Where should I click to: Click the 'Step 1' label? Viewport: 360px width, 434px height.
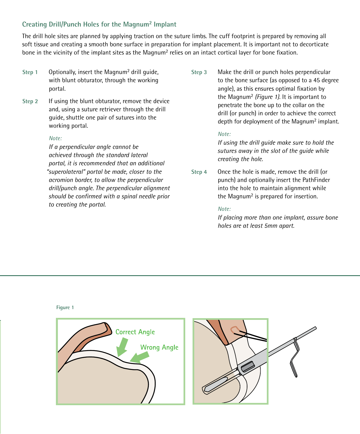(30, 72)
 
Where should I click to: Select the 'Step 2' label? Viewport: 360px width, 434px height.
(30, 101)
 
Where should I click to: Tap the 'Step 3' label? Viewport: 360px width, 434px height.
(199, 72)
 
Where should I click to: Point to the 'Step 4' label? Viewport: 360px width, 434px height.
(199, 172)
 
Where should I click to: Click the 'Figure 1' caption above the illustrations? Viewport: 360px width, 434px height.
(65, 307)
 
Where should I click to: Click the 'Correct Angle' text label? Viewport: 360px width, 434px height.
(135, 332)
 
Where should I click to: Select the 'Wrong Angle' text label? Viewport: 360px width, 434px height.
(159, 347)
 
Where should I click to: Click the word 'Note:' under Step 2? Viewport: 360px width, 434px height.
(55, 138)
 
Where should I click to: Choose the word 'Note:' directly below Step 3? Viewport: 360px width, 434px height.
(224, 134)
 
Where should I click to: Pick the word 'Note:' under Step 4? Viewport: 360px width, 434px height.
(224, 209)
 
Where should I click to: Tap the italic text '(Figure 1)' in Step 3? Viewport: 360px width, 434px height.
(267, 97)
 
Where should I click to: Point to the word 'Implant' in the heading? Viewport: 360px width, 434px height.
(165, 24)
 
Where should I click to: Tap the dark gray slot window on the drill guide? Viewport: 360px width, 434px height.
(248, 366)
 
